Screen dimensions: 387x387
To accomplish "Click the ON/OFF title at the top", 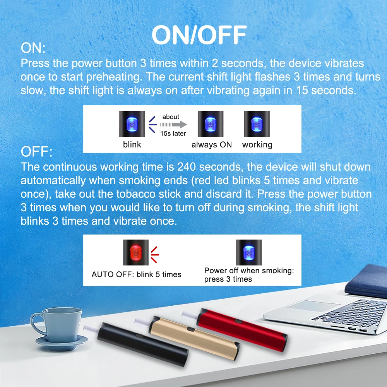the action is [x=199, y=35].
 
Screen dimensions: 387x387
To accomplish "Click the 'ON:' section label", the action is [x=33, y=48].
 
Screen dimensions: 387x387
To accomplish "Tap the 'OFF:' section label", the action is [x=36, y=151].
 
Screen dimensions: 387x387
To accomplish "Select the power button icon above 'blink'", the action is [x=132, y=124].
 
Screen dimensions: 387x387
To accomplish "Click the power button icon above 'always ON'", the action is [x=210, y=124].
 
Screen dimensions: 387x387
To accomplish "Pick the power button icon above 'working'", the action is [x=257, y=124].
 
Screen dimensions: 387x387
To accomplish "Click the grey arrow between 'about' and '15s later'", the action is [x=173, y=124].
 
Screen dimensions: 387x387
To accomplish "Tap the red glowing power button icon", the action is [x=136, y=252].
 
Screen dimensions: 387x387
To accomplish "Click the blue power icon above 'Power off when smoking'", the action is [x=249, y=252].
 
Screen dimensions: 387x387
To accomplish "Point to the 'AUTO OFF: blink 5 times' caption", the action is [x=136, y=274].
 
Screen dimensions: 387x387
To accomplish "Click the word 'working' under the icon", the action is [x=257, y=145].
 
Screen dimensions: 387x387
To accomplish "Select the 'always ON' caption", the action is [x=212, y=145].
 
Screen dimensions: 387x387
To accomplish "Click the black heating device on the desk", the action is [x=143, y=344].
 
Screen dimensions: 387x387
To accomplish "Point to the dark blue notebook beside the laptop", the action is [x=367, y=281].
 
